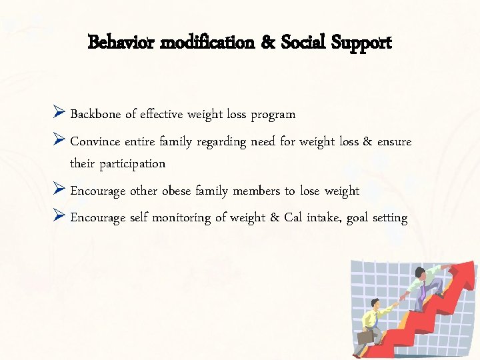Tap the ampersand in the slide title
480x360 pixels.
coord(269,43)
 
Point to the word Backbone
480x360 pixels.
coord(95,114)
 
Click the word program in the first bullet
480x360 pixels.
coord(273,115)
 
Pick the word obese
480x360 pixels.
coord(176,191)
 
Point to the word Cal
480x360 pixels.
coord(293,217)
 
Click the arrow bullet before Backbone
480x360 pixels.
coord(59,113)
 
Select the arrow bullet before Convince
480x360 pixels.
coord(59,141)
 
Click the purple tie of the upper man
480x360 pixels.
coord(424,287)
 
